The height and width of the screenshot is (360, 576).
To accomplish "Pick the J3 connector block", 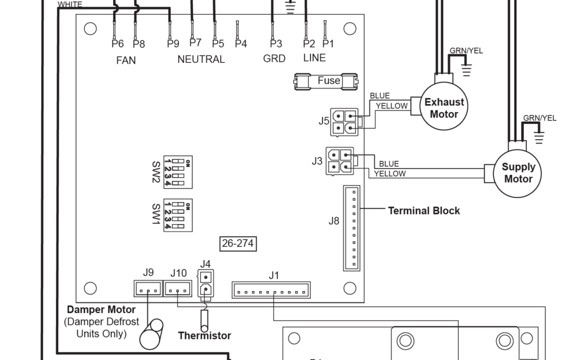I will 339,161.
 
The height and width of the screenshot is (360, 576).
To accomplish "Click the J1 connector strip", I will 271,290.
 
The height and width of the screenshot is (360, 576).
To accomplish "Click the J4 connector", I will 206,283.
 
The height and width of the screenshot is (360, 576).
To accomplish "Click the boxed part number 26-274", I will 238,244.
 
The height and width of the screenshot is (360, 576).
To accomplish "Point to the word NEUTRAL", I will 201,59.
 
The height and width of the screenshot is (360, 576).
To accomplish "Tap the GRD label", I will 274,58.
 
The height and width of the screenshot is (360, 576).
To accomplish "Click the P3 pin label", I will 276,44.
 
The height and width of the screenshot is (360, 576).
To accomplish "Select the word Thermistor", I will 205,335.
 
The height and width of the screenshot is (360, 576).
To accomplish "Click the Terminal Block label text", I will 424,210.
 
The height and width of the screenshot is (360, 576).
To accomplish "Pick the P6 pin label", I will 117,44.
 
